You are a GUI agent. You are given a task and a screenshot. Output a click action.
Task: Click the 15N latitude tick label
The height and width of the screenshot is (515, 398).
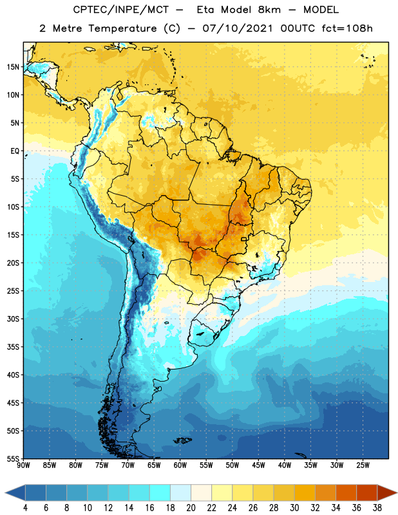(13, 67)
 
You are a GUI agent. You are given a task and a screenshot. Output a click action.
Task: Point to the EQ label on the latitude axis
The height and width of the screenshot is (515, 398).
(15, 151)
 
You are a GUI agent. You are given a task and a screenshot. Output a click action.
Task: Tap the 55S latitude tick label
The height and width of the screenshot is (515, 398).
(13, 458)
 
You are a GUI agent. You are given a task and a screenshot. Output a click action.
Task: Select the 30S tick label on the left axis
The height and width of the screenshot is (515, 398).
(13, 319)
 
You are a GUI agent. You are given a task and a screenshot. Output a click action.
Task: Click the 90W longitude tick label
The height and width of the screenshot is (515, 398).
(23, 465)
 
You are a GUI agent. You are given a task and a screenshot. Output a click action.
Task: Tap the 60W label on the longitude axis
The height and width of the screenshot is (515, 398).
(180, 465)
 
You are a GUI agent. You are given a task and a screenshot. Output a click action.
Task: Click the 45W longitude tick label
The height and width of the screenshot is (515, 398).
(259, 465)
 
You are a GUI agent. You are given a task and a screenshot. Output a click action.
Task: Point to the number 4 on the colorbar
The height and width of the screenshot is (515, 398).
(25, 508)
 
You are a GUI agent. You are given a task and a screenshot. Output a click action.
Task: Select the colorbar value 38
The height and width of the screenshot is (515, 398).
(377, 508)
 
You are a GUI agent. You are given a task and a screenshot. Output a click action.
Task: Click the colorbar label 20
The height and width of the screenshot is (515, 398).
(191, 508)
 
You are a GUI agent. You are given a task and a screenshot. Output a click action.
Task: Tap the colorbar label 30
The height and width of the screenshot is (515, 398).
(294, 508)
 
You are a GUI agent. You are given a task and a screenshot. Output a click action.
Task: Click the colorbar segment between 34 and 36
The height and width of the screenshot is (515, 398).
(346, 493)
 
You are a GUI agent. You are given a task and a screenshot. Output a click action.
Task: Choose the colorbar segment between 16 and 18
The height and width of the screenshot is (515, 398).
(160, 493)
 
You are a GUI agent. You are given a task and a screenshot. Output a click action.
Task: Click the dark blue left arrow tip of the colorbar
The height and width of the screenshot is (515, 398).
(5, 493)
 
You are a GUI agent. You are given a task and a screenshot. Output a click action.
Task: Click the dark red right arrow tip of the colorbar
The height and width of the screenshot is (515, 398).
(397, 493)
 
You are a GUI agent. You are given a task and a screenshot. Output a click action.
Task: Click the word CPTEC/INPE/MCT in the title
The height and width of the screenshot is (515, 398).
(120, 10)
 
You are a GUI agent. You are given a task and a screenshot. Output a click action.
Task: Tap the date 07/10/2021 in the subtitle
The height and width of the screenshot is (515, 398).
(238, 28)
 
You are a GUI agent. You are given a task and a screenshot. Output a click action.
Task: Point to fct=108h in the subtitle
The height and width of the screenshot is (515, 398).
(347, 28)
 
